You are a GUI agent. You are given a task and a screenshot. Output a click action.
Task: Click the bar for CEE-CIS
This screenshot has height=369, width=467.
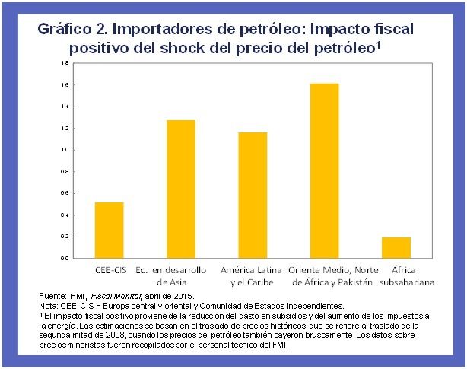(109, 230)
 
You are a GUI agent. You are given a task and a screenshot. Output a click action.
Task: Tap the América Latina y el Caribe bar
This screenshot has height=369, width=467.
(252, 195)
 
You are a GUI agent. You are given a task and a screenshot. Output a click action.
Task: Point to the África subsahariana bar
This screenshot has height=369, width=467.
(396, 247)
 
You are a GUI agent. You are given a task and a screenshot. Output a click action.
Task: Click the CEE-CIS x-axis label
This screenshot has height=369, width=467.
(108, 270)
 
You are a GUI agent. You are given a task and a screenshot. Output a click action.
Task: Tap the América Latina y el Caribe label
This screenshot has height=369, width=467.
(252, 276)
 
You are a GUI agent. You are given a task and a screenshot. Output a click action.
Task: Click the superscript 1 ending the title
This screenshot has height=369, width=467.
(378, 43)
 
